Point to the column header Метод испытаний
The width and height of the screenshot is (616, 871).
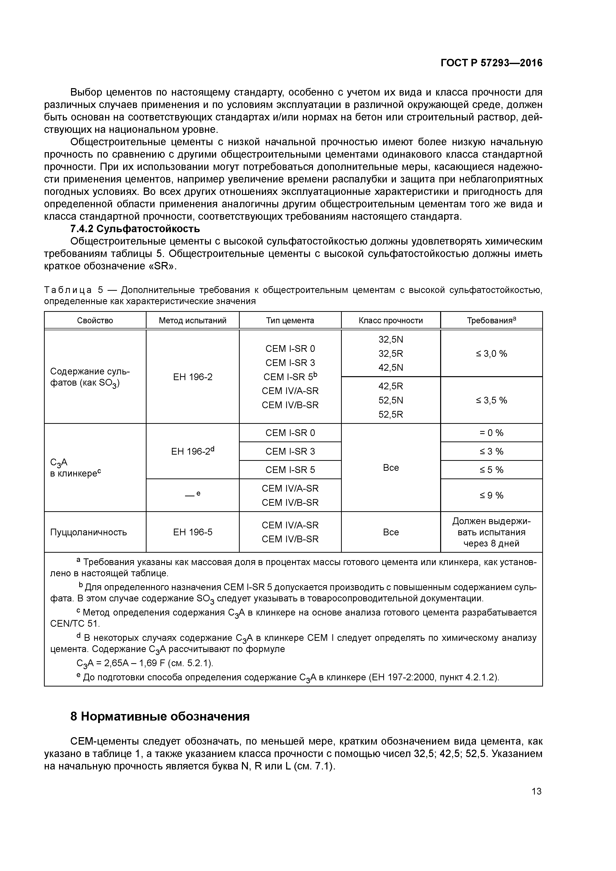pyautogui.click(x=192, y=321)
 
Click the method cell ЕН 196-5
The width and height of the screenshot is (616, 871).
pyautogui.click(x=192, y=532)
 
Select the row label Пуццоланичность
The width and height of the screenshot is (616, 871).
pyautogui.click(x=88, y=532)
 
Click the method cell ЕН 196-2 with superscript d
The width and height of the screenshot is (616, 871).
pyautogui.click(x=192, y=451)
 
